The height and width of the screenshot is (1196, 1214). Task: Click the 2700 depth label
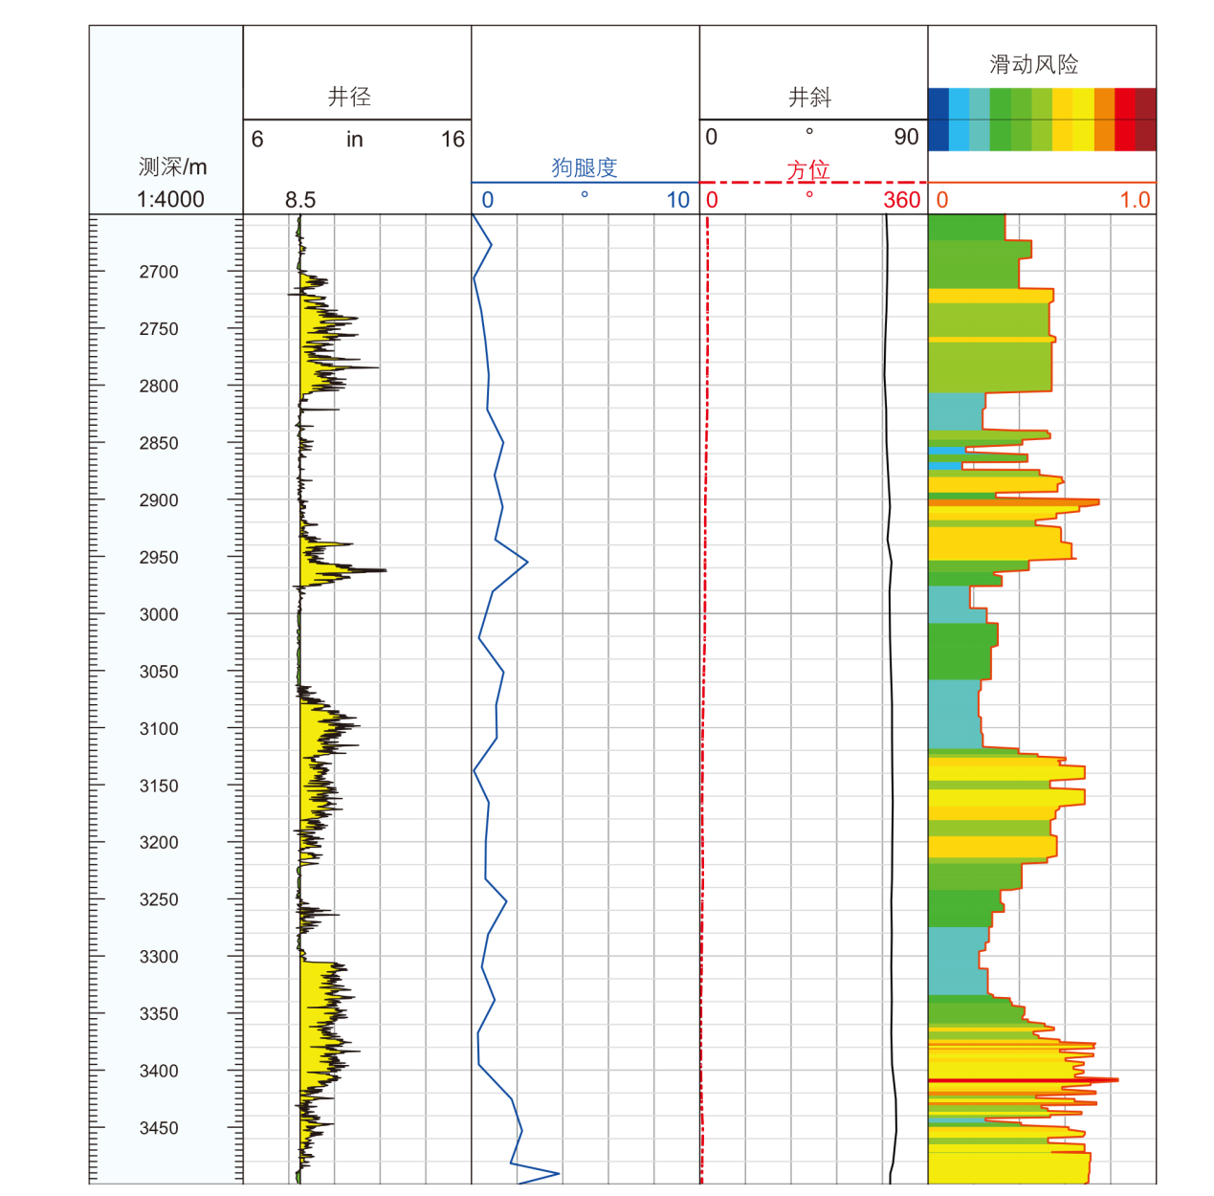coord(159,272)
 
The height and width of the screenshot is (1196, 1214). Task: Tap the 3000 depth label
coord(159,614)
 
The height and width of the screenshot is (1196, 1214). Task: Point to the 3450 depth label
coord(159,1128)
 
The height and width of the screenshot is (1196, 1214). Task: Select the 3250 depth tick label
coord(159,899)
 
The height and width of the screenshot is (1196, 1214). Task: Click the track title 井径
coord(349,97)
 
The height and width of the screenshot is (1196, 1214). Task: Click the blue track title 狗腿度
coord(585,167)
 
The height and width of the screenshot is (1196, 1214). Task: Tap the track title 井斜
coord(809,97)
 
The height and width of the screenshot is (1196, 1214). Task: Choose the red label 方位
coord(808,170)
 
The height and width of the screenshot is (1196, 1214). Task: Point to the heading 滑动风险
coord(1034,64)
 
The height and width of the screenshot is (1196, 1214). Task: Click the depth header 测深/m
coord(172,166)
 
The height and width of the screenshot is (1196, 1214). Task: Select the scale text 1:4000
coord(170,199)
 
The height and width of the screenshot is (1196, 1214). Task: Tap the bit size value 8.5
coord(299,200)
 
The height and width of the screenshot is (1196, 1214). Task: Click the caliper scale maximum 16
coord(452,140)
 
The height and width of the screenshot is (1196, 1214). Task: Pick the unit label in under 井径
coord(354,140)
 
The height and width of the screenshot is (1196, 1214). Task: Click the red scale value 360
coord(901,200)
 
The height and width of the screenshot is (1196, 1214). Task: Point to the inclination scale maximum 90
coord(906,137)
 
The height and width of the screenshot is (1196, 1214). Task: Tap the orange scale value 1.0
coord(1135,200)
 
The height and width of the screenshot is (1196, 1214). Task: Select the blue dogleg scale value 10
coord(678,200)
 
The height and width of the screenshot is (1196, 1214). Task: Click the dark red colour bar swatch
coord(1146,120)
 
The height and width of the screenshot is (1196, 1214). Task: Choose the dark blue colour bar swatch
coord(938,120)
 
